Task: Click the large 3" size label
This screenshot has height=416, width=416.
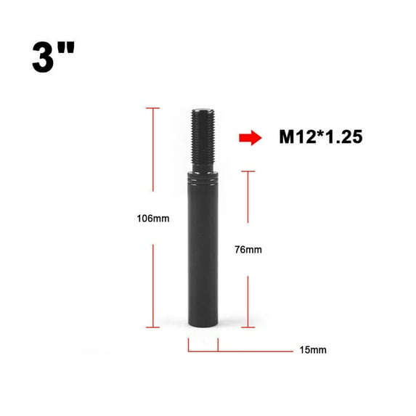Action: (x=53, y=57)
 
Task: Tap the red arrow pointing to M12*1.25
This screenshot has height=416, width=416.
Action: (x=250, y=138)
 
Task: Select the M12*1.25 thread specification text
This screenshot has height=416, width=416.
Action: (x=321, y=137)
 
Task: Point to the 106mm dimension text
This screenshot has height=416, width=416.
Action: (x=153, y=219)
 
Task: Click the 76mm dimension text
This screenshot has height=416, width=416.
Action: (x=248, y=250)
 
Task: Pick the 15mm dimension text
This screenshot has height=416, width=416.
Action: (x=313, y=350)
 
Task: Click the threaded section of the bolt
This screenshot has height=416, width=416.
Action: (x=203, y=136)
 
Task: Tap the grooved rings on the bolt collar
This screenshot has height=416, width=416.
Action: (x=203, y=179)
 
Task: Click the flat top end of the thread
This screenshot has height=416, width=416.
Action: (x=203, y=110)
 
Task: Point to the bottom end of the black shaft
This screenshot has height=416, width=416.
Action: (x=203, y=325)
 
